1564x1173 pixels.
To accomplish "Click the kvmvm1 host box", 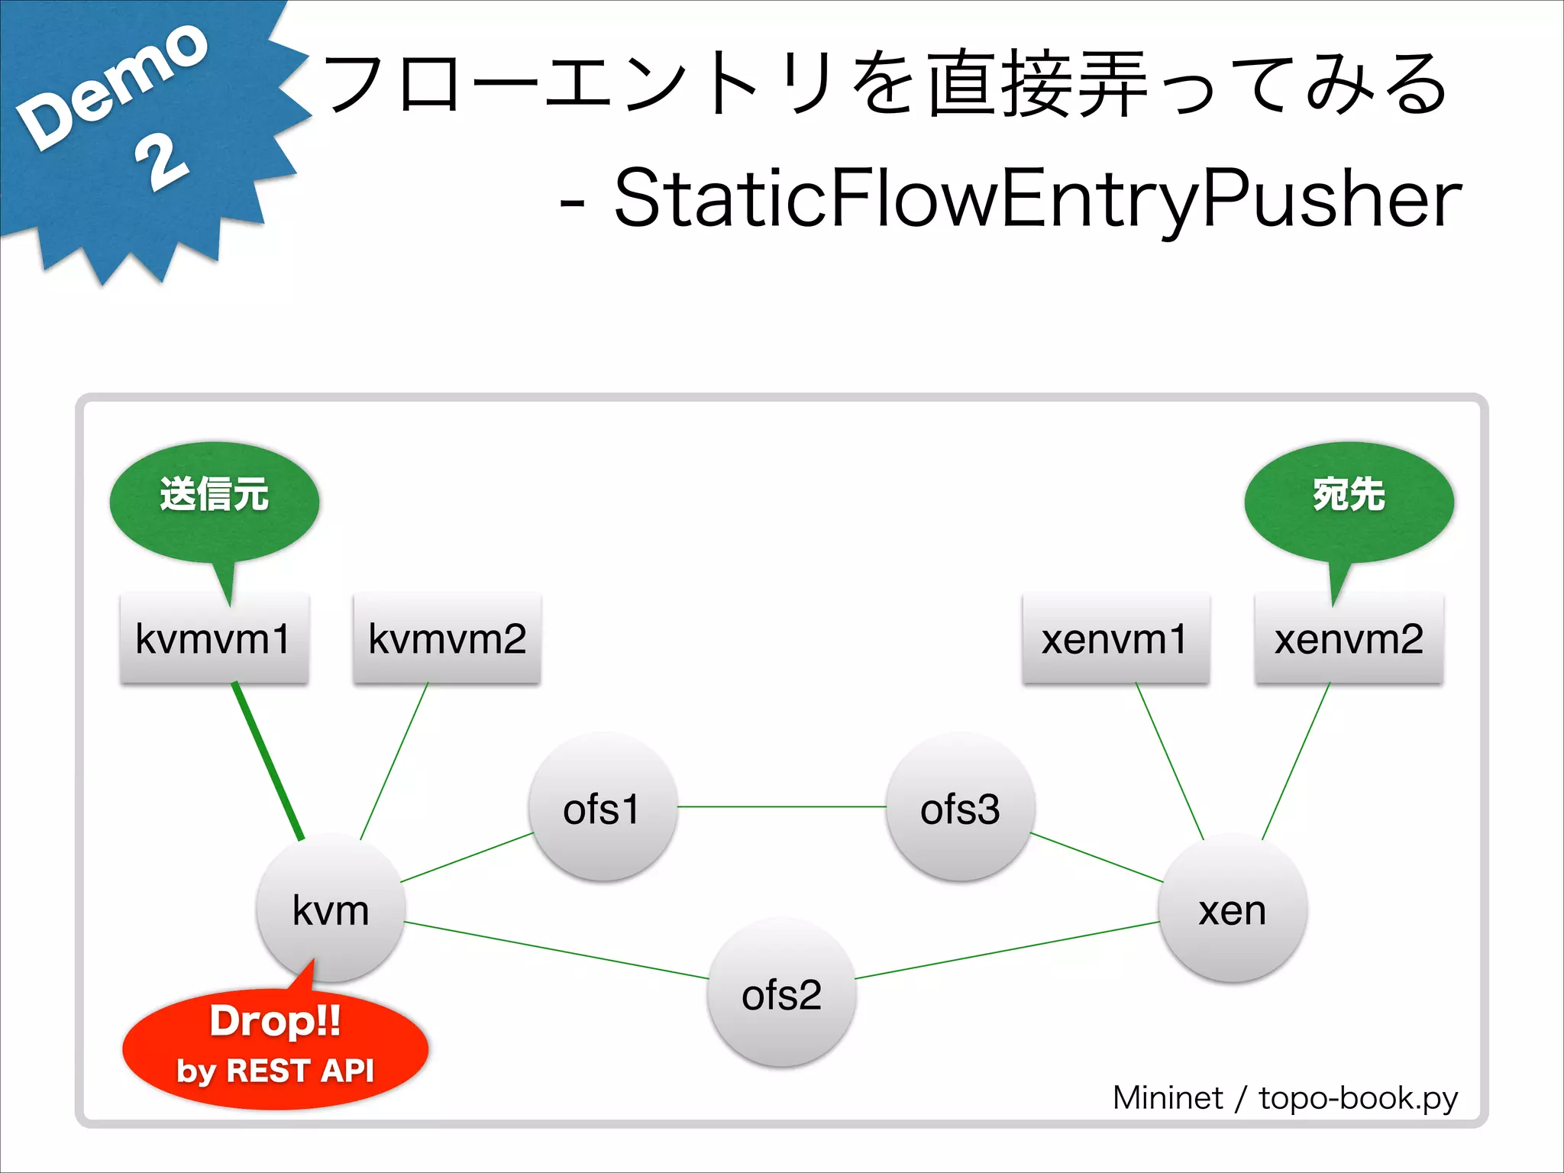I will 214,638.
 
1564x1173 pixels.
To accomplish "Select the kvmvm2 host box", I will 447,638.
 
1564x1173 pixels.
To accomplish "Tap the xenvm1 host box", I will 1116,638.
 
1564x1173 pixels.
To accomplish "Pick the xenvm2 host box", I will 1349,638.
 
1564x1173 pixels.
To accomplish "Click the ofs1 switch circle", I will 603,807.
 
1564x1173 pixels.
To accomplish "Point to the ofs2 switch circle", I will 781,993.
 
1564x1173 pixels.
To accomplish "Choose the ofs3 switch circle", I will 960,807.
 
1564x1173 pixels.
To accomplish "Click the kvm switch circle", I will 331,909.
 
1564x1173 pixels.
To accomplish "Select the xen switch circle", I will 1233,909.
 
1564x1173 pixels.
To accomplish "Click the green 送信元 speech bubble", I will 215,500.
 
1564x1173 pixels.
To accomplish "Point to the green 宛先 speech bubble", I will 1349,500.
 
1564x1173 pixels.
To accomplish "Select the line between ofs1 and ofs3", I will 781,806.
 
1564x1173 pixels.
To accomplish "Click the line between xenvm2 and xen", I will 1296,760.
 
